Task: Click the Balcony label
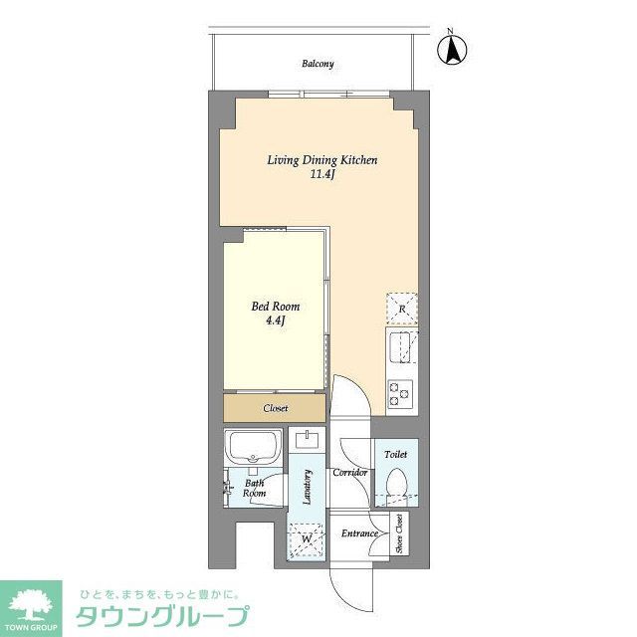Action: point(318,64)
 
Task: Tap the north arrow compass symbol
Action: point(453,49)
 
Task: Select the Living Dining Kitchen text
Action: point(320,160)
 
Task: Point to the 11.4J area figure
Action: point(320,177)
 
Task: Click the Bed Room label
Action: point(275,307)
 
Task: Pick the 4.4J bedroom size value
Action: point(275,322)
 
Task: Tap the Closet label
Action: point(276,409)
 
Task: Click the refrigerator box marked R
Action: point(402,310)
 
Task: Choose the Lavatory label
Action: point(309,488)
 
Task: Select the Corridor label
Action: point(351,472)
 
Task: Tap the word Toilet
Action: point(396,454)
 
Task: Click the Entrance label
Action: point(358,534)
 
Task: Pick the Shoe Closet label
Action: point(398,533)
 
